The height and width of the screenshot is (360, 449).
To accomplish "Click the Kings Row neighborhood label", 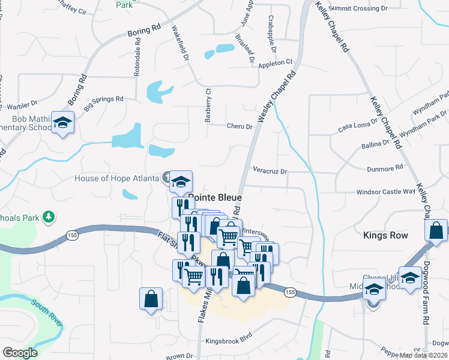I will tap(385, 235).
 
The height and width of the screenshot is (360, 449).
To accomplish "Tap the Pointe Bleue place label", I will tap(215, 197).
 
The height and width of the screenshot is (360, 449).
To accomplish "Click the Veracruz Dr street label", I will tap(270, 171).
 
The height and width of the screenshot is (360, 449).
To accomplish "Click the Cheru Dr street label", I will tap(240, 127).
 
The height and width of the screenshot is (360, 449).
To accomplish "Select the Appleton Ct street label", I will tap(275, 62).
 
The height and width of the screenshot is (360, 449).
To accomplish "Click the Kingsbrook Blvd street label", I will tap(229, 340).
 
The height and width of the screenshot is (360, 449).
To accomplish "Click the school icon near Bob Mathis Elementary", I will tap(62, 122).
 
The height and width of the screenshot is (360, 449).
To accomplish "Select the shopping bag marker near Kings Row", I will tap(436, 230).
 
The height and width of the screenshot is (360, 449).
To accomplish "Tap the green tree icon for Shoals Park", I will tap(49, 216).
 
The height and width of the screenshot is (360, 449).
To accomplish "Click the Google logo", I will tap(19, 353).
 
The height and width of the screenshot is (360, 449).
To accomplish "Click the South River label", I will tap(47, 312).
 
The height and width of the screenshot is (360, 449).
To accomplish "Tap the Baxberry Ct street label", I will tap(208, 106).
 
